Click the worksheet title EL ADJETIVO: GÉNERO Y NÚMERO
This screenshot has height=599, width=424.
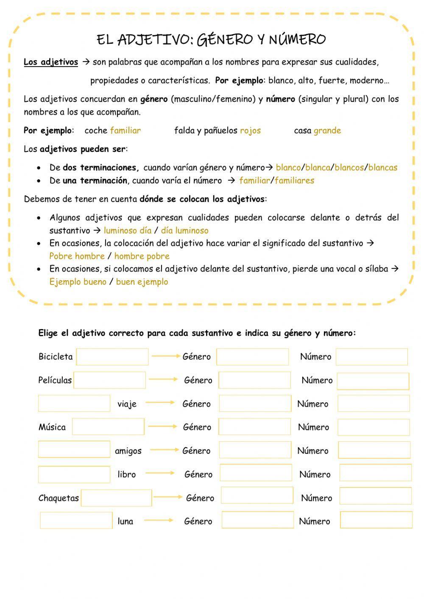[211, 39]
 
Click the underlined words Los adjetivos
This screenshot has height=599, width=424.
[51, 62]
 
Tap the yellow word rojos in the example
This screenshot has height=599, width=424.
[250, 131]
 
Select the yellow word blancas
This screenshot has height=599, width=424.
[383, 167]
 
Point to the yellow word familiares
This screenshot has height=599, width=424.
[294, 181]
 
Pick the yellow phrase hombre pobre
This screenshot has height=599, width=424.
[142, 256]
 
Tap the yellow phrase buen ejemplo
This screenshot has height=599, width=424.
[142, 282]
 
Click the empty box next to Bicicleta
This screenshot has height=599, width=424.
[112, 357]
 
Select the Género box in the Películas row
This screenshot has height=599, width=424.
[254, 380]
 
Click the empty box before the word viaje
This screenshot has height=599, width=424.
[74, 404]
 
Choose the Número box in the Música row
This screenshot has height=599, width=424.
[374, 427]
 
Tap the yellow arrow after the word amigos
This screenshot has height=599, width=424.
[165, 450]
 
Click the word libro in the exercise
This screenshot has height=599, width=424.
[126, 474]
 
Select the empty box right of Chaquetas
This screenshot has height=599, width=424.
[116, 498]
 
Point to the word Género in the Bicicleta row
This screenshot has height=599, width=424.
[196, 357]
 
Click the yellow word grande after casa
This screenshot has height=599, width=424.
[327, 131]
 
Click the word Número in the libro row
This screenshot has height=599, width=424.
[315, 474]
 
